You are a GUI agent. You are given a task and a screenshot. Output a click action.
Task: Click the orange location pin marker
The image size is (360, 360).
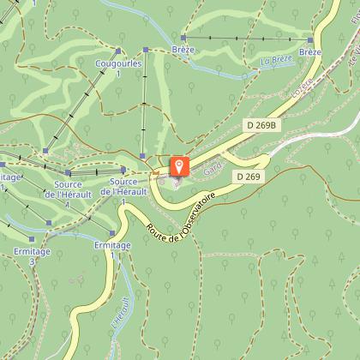[179, 165]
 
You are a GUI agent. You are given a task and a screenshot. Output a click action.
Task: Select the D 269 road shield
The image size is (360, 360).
[248, 176]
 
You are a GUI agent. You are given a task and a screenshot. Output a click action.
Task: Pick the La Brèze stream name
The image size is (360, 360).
[277, 61]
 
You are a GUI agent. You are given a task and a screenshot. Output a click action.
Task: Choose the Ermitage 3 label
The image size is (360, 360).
[33, 256]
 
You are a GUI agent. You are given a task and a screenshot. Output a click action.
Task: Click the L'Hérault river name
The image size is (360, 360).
[119, 315]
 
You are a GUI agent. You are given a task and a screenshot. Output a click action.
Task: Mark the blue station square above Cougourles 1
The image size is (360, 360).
[146, 50]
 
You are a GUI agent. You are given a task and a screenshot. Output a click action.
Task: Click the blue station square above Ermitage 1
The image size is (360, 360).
[112, 232]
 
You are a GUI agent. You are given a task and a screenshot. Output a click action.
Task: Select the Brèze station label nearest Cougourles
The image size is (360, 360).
[183, 50]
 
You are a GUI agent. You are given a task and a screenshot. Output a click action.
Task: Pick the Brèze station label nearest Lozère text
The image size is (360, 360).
[310, 52]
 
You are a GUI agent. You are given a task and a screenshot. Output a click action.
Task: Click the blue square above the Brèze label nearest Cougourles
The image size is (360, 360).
[183, 38]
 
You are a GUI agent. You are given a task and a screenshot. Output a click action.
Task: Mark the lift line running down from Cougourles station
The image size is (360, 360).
[145, 103]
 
